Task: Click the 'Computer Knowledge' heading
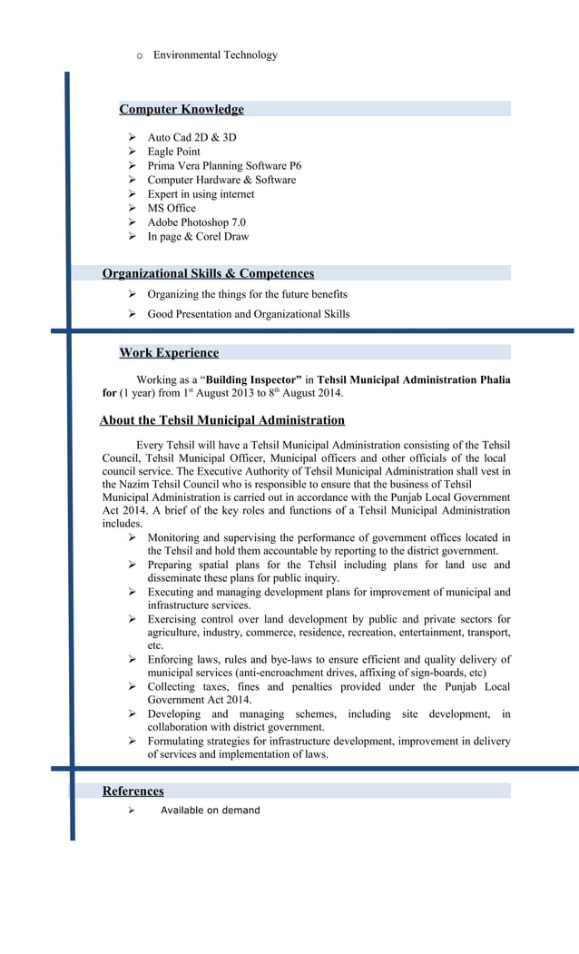tap(182, 110)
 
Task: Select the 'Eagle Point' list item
tap(173, 152)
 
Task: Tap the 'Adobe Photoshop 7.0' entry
tap(196, 222)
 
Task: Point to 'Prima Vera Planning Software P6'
tap(224, 166)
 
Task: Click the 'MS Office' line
tap(172, 208)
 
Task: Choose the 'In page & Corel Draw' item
tap(198, 237)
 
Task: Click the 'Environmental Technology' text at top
tap(215, 55)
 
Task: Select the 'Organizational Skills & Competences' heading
tap(208, 273)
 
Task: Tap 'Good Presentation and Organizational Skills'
tap(248, 314)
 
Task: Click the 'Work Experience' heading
tap(169, 353)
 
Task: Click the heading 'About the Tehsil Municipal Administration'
tap(222, 420)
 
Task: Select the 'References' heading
tap(132, 792)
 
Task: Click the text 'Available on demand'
tap(210, 811)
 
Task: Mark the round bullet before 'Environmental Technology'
tap(139, 56)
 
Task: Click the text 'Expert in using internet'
tap(201, 194)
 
